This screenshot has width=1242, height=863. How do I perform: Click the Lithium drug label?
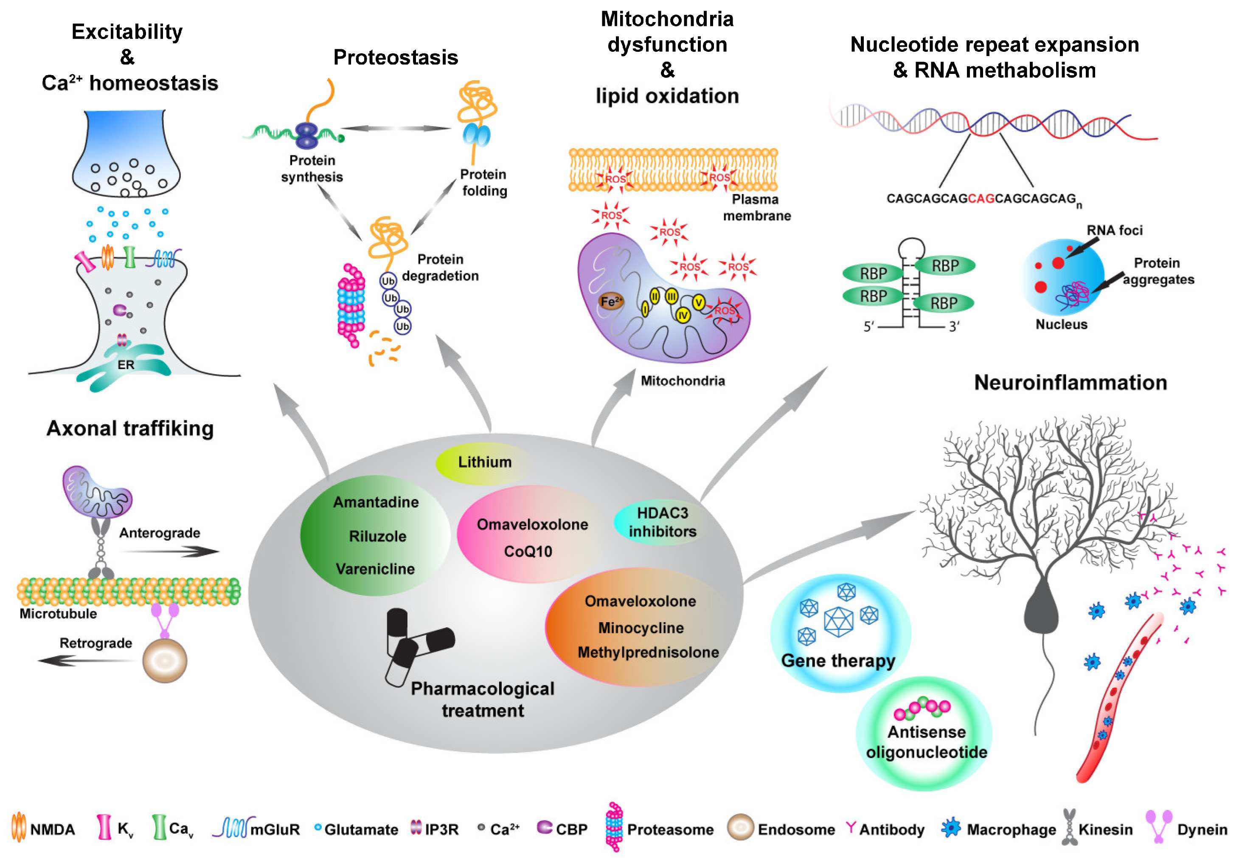(x=484, y=463)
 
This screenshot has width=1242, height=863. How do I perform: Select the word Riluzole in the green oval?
(x=377, y=536)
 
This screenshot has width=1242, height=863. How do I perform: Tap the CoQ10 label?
(x=528, y=552)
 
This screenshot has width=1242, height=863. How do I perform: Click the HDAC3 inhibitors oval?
(x=662, y=522)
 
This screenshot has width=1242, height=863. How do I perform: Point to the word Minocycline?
(x=641, y=628)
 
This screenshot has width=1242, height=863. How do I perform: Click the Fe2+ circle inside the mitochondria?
(x=611, y=302)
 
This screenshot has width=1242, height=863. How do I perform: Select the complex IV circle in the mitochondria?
(x=683, y=315)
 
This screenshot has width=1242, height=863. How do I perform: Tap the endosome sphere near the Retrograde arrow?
(x=165, y=660)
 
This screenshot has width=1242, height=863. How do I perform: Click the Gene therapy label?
(x=838, y=661)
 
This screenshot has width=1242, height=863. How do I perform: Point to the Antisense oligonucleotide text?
(x=926, y=742)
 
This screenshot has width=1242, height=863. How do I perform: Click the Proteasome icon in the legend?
(x=614, y=827)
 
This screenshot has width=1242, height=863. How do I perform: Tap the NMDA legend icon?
(x=18, y=827)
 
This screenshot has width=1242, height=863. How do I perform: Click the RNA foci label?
(x=1115, y=230)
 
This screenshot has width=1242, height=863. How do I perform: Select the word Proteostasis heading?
(x=395, y=57)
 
